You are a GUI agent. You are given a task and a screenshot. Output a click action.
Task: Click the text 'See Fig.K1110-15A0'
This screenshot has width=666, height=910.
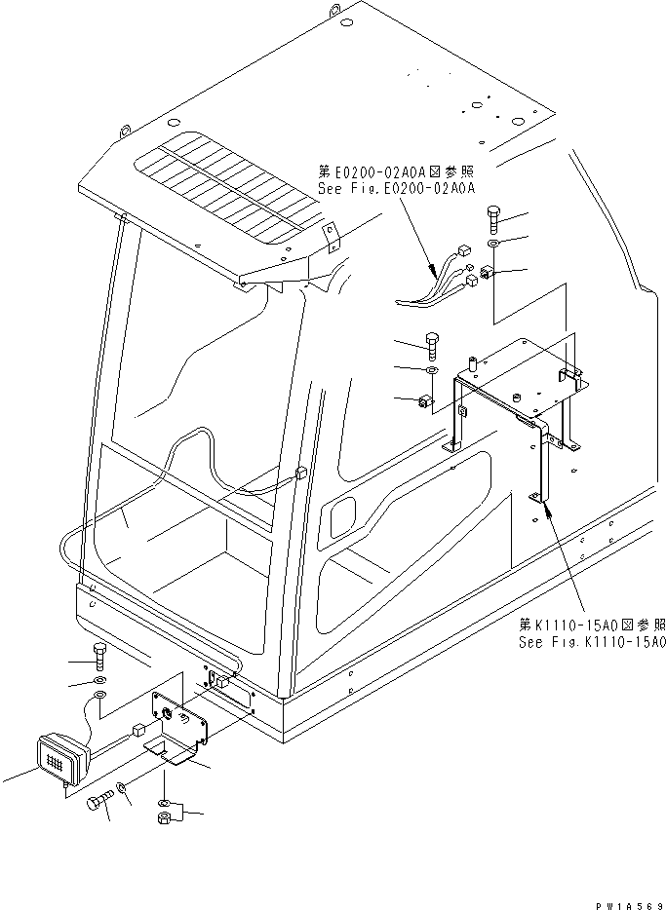pyautogui.click(x=592, y=643)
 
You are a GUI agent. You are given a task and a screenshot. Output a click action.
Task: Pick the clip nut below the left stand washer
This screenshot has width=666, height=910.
pyautogui.click(x=426, y=400)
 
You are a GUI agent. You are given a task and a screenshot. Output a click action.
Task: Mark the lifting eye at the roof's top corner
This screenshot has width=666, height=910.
pyautogui.click(x=334, y=12)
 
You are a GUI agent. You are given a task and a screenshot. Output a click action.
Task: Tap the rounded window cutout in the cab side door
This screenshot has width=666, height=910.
pyautogui.click(x=344, y=515)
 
